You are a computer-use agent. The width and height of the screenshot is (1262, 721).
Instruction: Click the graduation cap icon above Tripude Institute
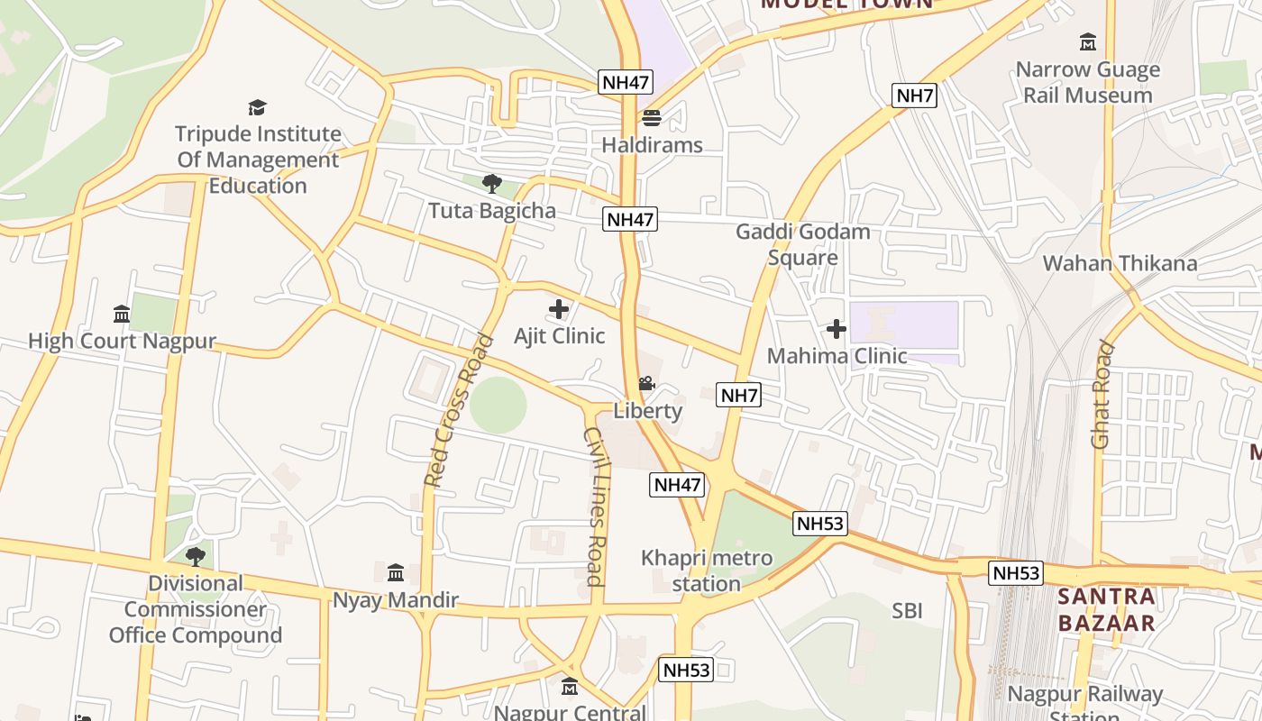pyautogui.click(x=258, y=107)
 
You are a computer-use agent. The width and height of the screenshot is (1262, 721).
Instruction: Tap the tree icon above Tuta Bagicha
pyautogui.click(x=491, y=184)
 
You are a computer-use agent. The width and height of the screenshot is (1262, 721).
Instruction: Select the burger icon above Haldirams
pyautogui.click(x=651, y=118)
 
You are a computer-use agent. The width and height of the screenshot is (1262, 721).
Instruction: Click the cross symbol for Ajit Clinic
pyautogui.click(x=559, y=309)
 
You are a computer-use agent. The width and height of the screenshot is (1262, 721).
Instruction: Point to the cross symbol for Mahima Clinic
pyautogui.click(x=837, y=329)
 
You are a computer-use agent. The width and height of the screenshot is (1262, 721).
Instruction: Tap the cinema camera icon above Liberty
pyautogui.click(x=646, y=385)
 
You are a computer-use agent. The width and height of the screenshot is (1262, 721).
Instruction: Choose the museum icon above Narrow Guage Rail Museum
pyautogui.click(x=1088, y=41)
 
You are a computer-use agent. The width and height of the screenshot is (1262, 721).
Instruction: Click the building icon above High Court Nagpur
pyautogui.click(x=122, y=314)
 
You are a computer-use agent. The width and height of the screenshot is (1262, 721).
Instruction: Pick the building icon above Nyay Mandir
pyautogui.click(x=396, y=573)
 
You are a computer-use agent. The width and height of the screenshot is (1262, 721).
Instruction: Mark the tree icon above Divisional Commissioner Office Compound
pyautogui.click(x=195, y=556)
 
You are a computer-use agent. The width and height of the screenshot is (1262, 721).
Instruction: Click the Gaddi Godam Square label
pyautogui.click(x=803, y=244)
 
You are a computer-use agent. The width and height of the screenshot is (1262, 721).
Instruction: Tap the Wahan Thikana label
pyautogui.click(x=1120, y=263)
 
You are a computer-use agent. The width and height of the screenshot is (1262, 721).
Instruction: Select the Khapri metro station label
pyautogui.click(x=707, y=570)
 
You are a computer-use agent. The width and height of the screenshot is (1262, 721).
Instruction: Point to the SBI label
pyautogui.click(x=907, y=611)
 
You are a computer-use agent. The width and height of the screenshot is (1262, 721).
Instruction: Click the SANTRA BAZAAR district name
pyautogui.click(x=1106, y=609)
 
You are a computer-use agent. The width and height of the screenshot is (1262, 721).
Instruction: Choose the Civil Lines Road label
pyautogui.click(x=595, y=507)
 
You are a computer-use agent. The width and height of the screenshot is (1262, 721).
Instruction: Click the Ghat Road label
pyautogui.click(x=1102, y=394)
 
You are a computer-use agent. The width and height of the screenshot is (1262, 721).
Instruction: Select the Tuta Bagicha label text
pyautogui.click(x=492, y=211)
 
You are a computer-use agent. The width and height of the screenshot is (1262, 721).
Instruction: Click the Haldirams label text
pyautogui.click(x=652, y=145)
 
